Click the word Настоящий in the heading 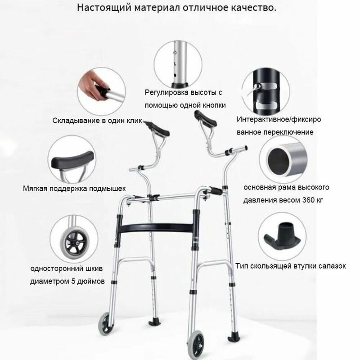tap(103, 8)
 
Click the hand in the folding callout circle tap(92, 85)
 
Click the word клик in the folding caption tap(134, 121)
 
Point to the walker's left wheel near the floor tap(106, 323)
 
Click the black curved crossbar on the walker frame tap(156, 228)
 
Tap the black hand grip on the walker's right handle tap(216, 191)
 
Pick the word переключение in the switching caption tap(288, 132)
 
